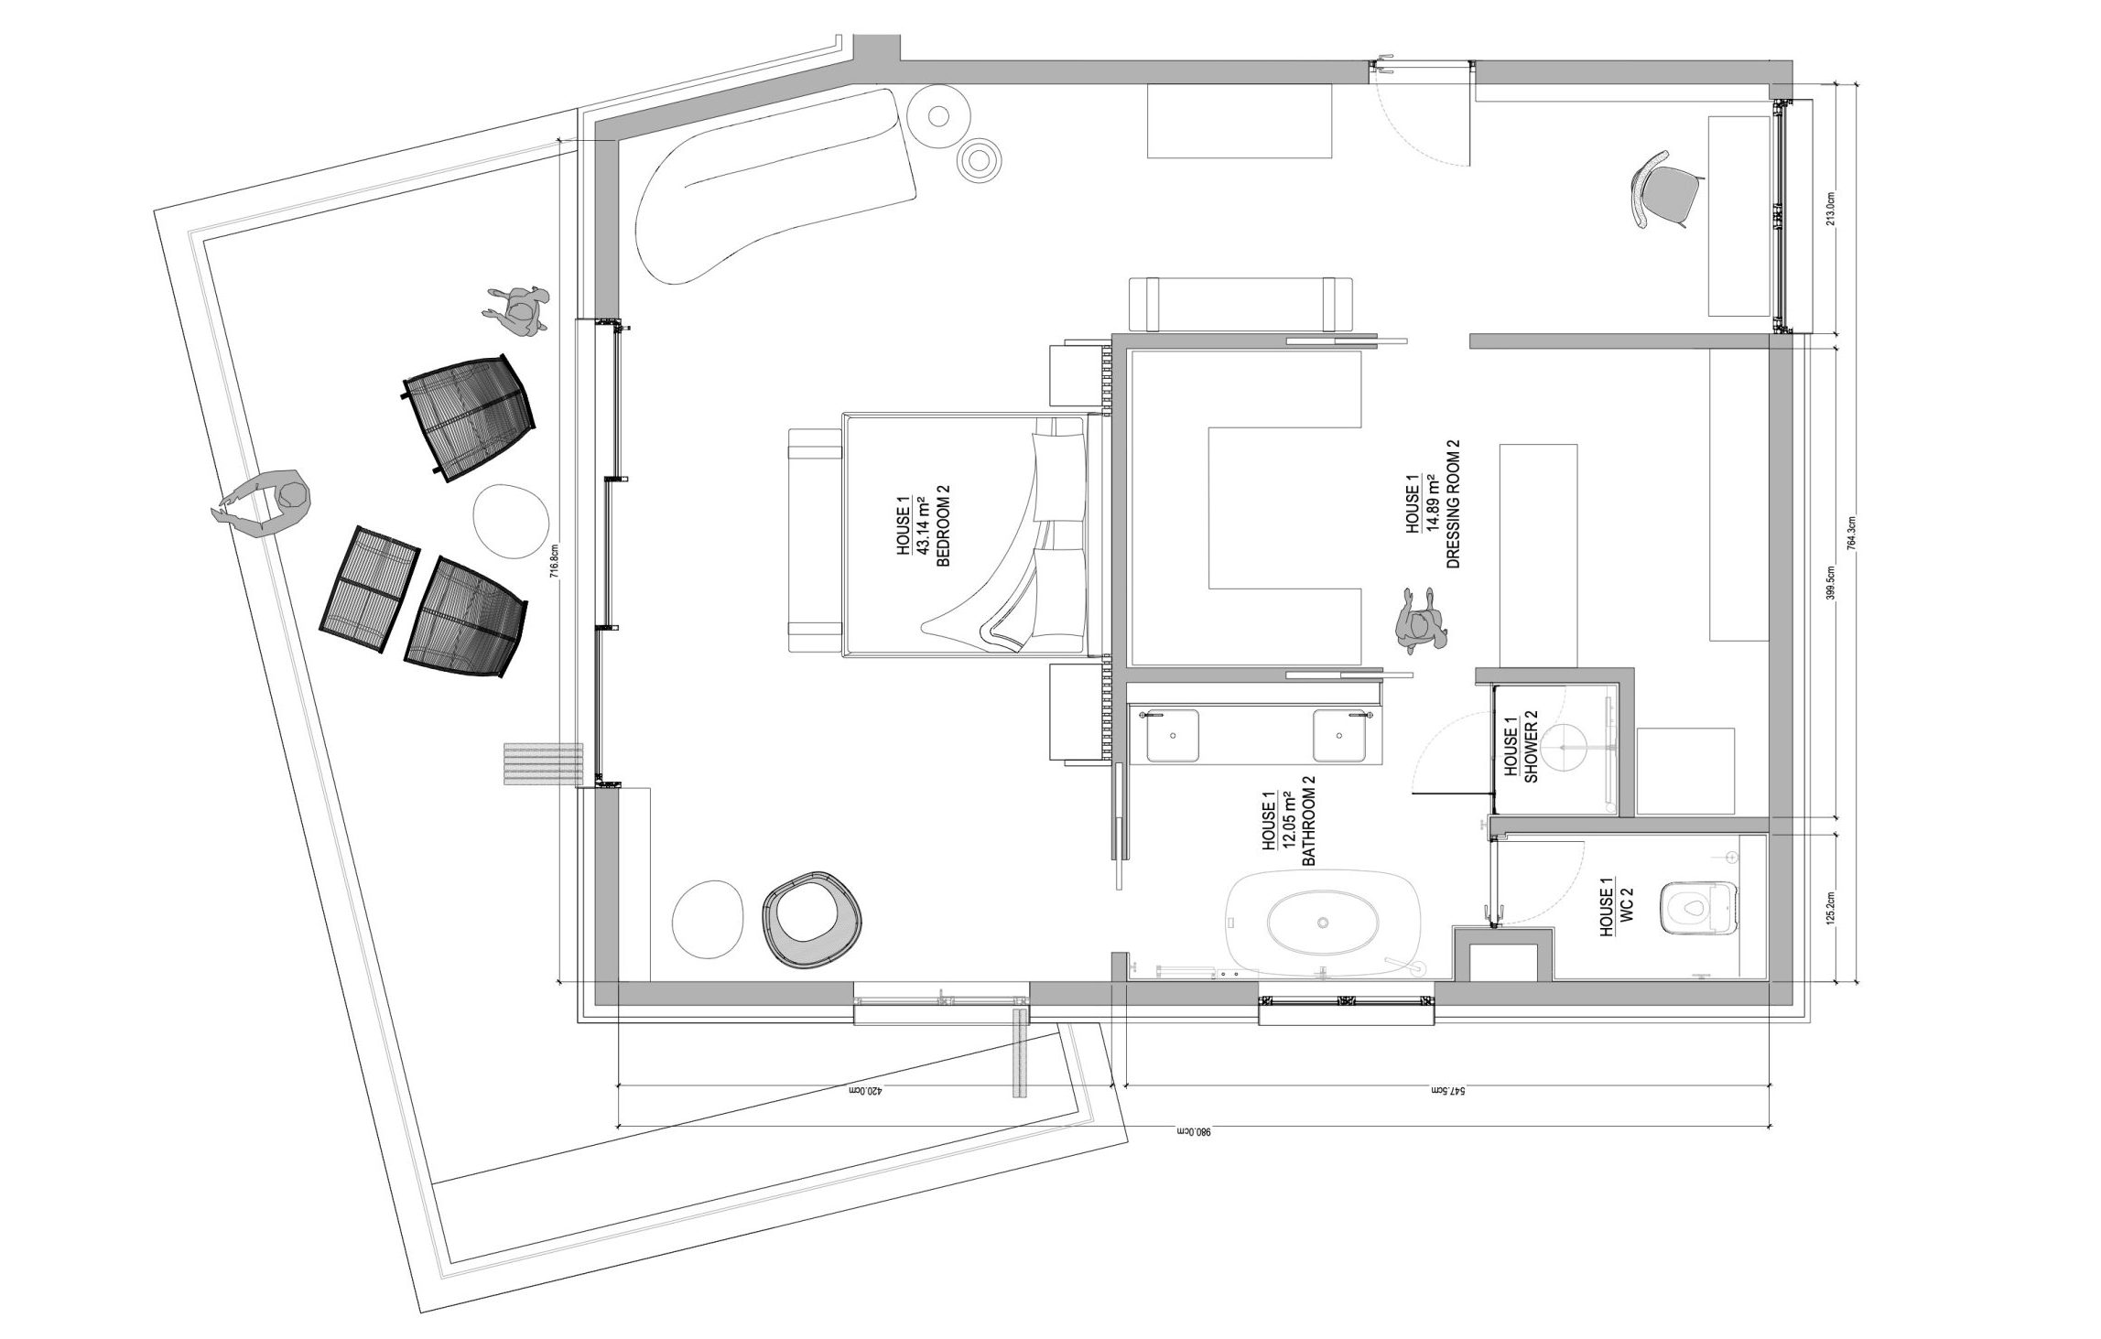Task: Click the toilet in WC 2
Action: click(x=1698, y=909)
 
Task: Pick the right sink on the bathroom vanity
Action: click(x=1340, y=735)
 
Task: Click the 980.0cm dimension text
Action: click(x=1193, y=1132)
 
